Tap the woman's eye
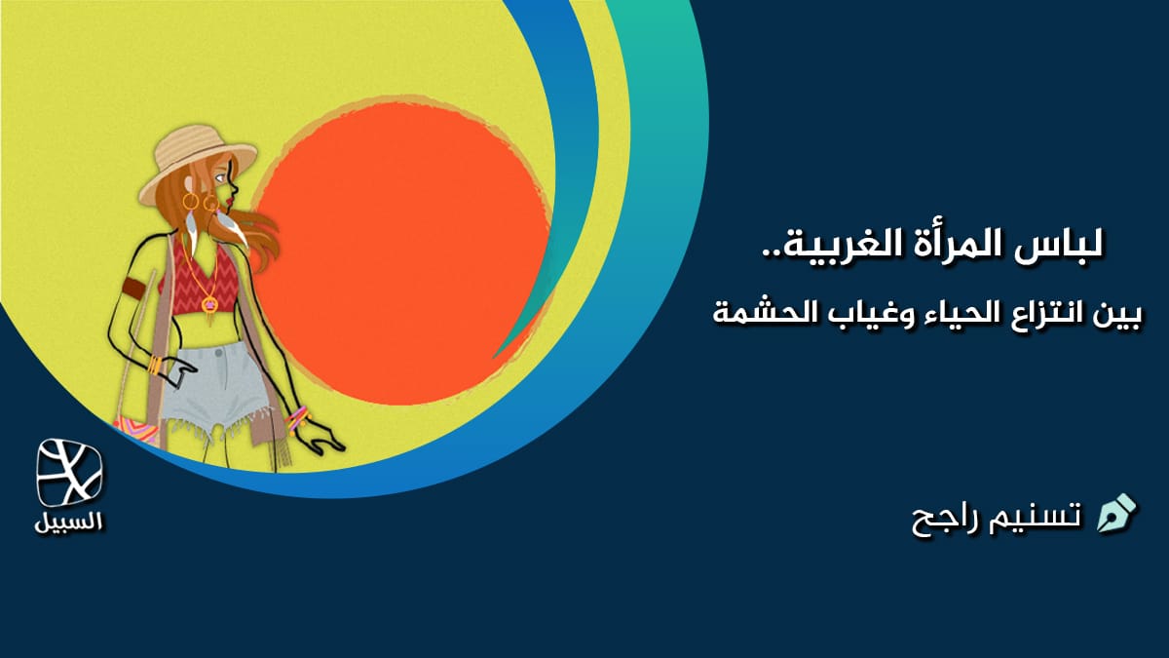click(x=221, y=178)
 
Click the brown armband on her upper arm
click(x=134, y=288)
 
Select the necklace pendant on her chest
click(x=209, y=303)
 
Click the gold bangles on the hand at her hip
click(x=155, y=365)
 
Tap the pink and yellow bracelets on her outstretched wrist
click(x=297, y=418)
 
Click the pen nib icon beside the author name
click(x=1116, y=514)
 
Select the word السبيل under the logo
click(x=68, y=523)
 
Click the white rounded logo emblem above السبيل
click(x=69, y=473)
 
